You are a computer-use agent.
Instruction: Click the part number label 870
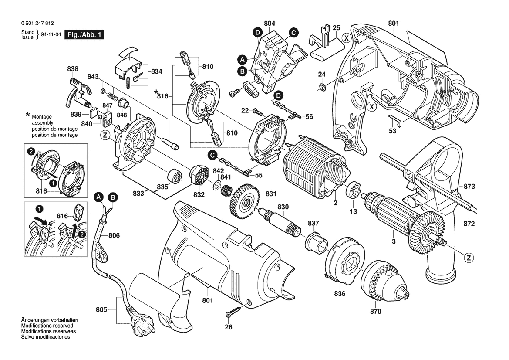tap(375, 312)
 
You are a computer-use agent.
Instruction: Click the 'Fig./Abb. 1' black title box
tap(84, 35)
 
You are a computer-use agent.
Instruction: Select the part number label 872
tap(469, 224)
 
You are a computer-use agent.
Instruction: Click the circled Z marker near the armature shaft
tap(469, 258)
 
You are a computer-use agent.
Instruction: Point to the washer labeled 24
tap(322, 88)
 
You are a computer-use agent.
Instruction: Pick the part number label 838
tap(73, 69)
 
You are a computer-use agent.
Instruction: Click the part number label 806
tap(114, 236)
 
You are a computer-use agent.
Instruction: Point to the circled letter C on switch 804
tap(293, 32)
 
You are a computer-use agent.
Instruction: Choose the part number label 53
tap(393, 130)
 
